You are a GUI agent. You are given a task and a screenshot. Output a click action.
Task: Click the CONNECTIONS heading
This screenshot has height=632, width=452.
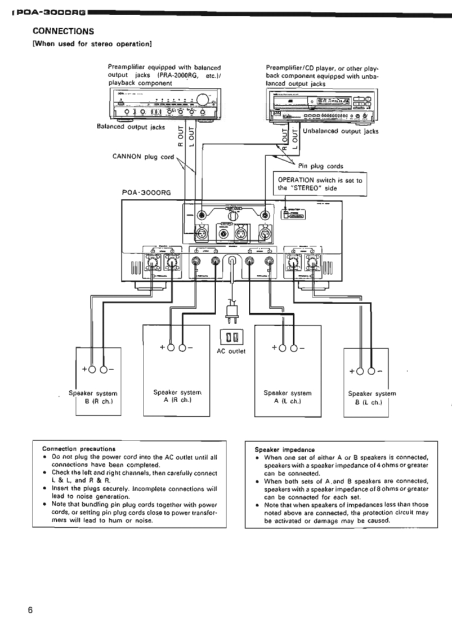tap(62, 31)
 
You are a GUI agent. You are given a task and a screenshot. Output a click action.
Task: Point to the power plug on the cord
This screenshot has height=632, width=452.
tap(230, 310)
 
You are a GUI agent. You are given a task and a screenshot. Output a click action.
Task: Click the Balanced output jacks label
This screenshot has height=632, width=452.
tap(131, 127)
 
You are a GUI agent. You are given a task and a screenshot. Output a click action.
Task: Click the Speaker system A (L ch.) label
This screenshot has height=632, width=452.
tap(288, 397)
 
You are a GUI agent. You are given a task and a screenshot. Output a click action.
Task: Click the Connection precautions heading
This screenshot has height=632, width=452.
tap(79, 448)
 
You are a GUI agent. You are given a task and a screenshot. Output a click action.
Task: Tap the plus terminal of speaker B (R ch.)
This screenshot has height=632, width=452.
tap(93, 370)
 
